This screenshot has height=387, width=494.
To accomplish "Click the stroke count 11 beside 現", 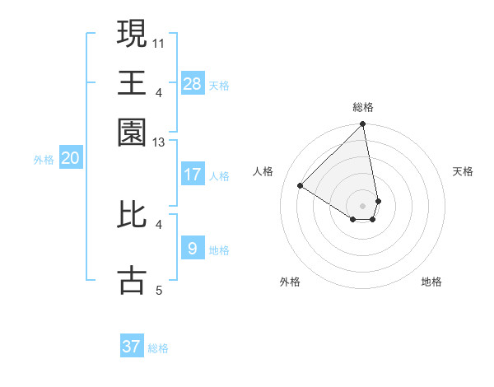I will (x=159, y=42).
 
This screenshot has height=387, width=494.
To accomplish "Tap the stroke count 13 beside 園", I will (x=159, y=143).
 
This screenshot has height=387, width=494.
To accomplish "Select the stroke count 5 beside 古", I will (x=159, y=290).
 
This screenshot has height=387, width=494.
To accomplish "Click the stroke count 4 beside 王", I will (x=159, y=91).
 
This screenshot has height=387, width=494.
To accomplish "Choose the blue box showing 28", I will (x=193, y=83).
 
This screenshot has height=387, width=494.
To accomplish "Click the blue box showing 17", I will (x=193, y=175).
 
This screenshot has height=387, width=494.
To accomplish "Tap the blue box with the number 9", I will (x=193, y=248).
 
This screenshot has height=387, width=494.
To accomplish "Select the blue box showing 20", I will (x=70, y=159).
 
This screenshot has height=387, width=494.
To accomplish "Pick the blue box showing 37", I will (x=132, y=347).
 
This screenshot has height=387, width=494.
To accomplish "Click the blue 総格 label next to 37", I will (x=158, y=348).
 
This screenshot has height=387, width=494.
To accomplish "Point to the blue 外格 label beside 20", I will (x=44, y=160).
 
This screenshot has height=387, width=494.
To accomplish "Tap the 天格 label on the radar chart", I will (x=463, y=171).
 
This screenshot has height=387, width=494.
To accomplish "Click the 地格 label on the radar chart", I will (x=431, y=282).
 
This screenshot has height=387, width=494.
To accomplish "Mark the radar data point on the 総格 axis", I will (x=362, y=125).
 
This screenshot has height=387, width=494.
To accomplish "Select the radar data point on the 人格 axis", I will (x=301, y=186).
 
